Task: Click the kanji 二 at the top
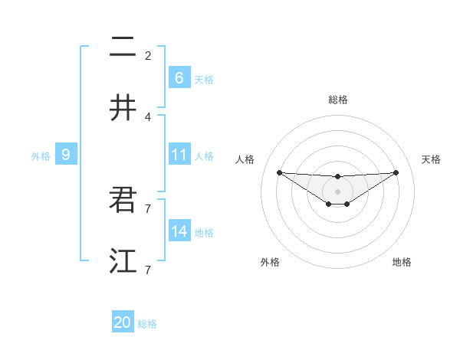(x=123, y=47)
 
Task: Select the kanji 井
(x=123, y=108)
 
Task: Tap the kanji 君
(x=123, y=200)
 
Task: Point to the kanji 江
(x=123, y=261)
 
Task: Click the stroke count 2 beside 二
(x=148, y=55)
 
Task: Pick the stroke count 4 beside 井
(x=148, y=116)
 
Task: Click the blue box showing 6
(x=179, y=77)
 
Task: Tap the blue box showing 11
(x=179, y=155)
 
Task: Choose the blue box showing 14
(x=179, y=231)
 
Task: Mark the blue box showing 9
(x=66, y=155)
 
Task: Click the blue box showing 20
(x=123, y=322)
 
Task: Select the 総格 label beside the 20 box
(x=147, y=324)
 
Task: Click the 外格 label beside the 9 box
(x=41, y=156)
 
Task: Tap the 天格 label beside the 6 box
(x=204, y=79)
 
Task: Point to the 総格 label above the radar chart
(x=337, y=100)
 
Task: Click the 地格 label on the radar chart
(x=402, y=262)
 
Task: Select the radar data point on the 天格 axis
(x=396, y=172)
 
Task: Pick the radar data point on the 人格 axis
(x=279, y=172)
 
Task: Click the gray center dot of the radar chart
(x=337, y=191)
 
